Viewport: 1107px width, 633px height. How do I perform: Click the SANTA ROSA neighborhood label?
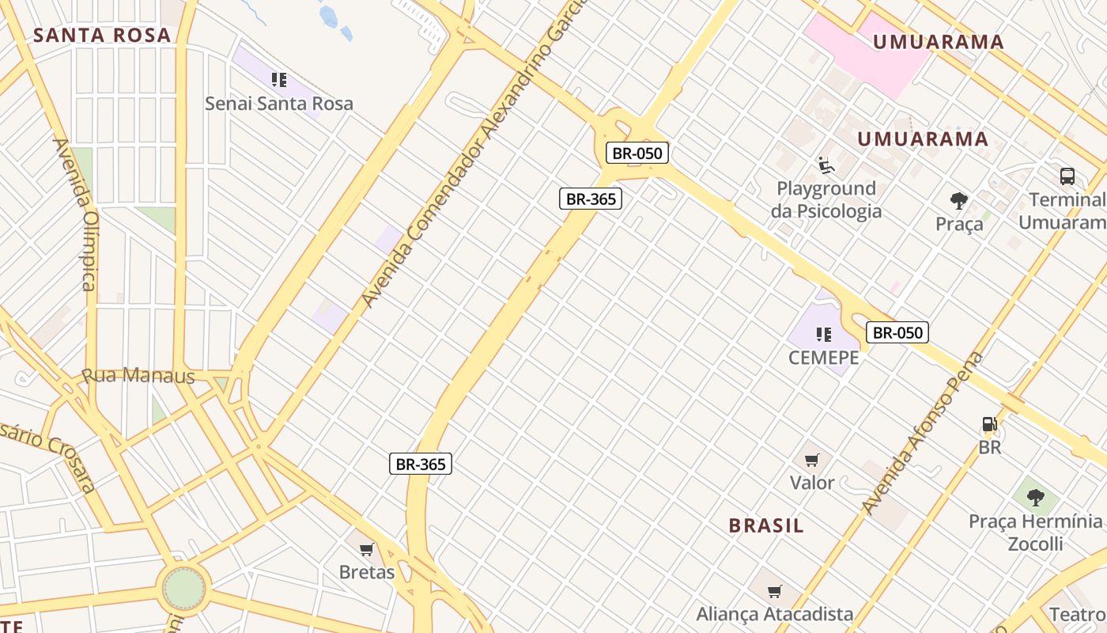(x=102, y=35)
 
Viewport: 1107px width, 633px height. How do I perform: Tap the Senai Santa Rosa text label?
(x=278, y=104)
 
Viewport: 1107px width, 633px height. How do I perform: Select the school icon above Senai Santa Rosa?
(x=278, y=79)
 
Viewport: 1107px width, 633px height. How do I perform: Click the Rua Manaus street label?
(x=138, y=376)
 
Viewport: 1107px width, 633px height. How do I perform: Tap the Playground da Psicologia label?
(x=826, y=199)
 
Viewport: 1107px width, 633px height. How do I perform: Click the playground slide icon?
(x=826, y=165)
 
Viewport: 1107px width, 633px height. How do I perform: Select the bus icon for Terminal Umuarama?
(x=1067, y=176)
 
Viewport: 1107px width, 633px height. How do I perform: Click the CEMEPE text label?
(x=823, y=358)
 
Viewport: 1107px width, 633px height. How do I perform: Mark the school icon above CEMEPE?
(x=824, y=334)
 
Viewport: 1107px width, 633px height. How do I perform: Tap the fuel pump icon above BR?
(x=989, y=425)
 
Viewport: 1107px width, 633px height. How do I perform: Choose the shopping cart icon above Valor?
(x=811, y=460)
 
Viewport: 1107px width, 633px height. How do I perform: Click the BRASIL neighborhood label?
(x=766, y=525)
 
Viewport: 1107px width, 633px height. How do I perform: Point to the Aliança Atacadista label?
(x=774, y=614)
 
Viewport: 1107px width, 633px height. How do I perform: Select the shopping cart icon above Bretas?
(x=366, y=549)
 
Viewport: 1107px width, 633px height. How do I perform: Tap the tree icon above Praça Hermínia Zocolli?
(x=1035, y=498)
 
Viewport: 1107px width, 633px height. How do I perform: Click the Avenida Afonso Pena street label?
(x=923, y=433)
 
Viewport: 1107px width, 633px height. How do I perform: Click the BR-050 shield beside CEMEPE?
(x=897, y=332)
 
